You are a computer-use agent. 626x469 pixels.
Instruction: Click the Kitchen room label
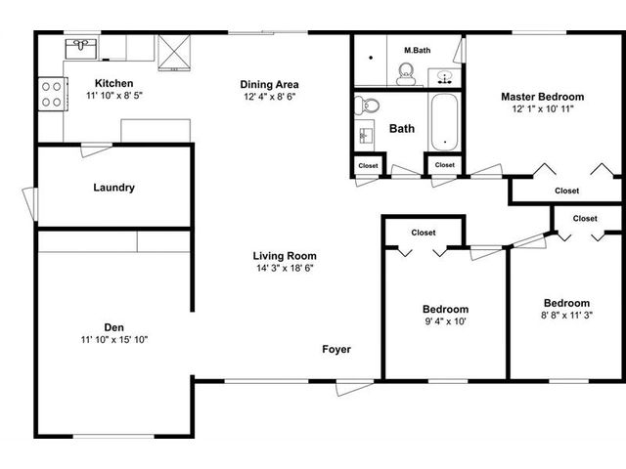(113, 83)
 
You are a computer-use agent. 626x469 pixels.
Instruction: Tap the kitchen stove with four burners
(53, 94)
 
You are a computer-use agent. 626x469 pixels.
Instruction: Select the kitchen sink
(81, 49)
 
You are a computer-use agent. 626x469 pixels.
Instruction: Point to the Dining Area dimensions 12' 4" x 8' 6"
(270, 97)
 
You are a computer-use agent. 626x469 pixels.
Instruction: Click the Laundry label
(113, 188)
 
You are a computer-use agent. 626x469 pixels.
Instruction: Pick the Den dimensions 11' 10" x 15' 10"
(114, 340)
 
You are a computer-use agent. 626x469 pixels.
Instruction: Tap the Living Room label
(285, 256)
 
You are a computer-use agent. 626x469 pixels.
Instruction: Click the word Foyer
(336, 350)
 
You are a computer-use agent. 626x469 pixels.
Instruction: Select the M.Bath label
(418, 50)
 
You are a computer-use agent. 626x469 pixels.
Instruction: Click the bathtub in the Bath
(444, 122)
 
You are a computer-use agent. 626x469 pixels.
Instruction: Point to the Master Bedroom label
(542, 97)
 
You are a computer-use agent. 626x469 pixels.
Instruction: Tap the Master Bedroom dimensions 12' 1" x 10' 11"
(543, 108)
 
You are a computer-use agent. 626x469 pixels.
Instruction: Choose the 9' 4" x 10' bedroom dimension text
(446, 321)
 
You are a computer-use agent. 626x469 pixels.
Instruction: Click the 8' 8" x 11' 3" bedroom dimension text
(566, 315)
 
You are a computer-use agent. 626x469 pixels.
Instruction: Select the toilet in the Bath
(367, 106)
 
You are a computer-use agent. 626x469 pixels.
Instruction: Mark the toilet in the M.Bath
(407, 74)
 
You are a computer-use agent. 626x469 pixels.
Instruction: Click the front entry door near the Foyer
(354, 387)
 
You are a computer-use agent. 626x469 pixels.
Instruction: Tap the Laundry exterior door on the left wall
(30, 203)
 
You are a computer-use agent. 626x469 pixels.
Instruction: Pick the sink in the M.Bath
(444, 77)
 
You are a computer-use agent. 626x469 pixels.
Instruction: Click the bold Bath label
(402, 128)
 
